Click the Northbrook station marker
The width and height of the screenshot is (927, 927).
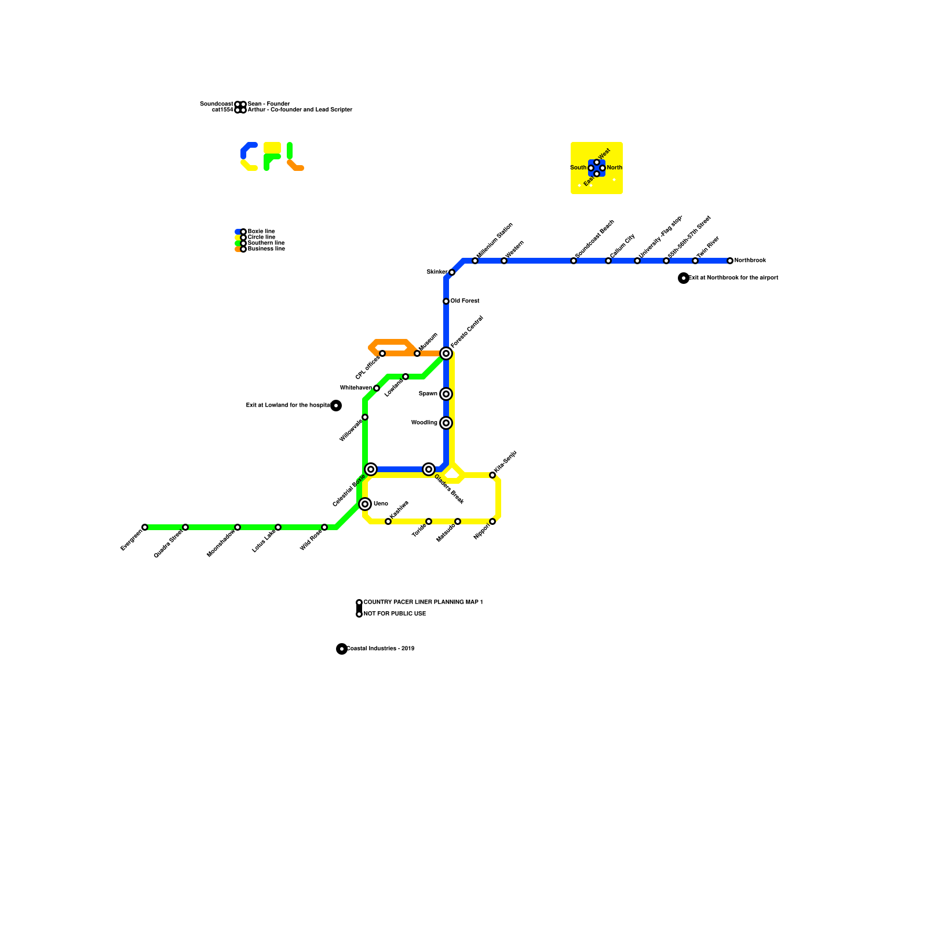point(730,261)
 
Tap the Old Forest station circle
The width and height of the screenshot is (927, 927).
point(446,301)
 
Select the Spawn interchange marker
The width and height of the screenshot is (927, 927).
point(446,394)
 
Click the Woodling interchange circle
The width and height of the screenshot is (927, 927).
point(446,423)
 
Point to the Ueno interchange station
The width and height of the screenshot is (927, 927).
point(365,504)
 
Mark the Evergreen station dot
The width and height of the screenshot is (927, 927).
point(145,527)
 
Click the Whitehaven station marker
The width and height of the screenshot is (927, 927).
point(377,388)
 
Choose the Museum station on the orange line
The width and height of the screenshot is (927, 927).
point(417,353)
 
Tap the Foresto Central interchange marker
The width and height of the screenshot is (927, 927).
point(446,353)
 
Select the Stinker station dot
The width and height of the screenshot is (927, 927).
point(452,272)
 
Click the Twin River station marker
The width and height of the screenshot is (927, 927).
point(695,261)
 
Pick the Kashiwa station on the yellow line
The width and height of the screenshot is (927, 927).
point(388,521)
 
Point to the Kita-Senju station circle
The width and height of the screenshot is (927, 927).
point(492,475)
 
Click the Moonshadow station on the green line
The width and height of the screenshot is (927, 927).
point(238,527)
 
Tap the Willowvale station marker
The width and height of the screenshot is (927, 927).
point(365,417)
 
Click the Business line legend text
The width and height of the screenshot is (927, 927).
point(267,249)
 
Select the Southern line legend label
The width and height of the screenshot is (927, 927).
point(266,243)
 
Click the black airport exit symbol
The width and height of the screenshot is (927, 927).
point(684,278)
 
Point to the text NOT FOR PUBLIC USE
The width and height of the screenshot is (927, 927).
point(395,614)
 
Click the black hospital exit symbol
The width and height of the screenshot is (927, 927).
point(336,406)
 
